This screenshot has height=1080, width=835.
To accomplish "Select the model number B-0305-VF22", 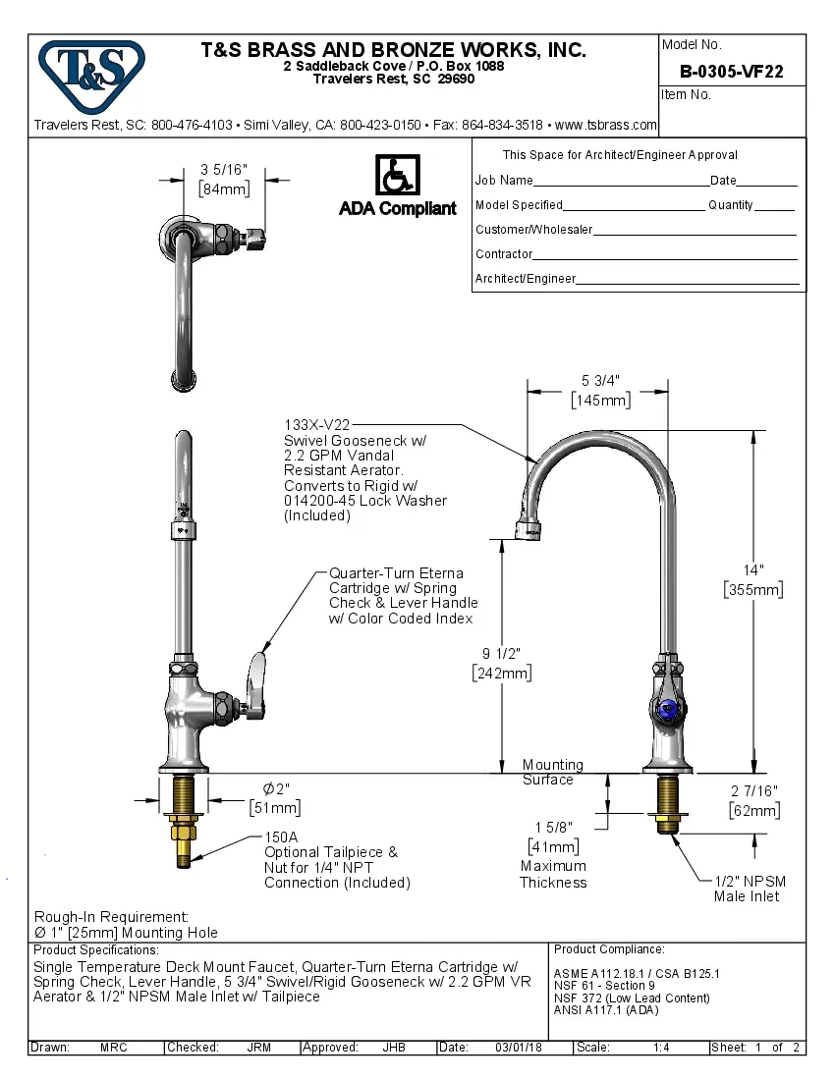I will click(x=732, y=72).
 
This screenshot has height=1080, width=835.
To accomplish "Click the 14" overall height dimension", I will click(x=753, y=570).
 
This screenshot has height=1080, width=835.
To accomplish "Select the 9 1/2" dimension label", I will click(x=501, y=654).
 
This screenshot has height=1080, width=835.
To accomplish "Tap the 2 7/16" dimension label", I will click(x=754, y=791).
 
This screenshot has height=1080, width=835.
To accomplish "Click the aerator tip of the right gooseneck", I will click(x=529, y=531).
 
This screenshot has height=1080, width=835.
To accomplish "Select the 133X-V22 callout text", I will click(x=316, y=425).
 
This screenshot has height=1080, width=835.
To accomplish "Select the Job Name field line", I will click(x=621, y=183).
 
